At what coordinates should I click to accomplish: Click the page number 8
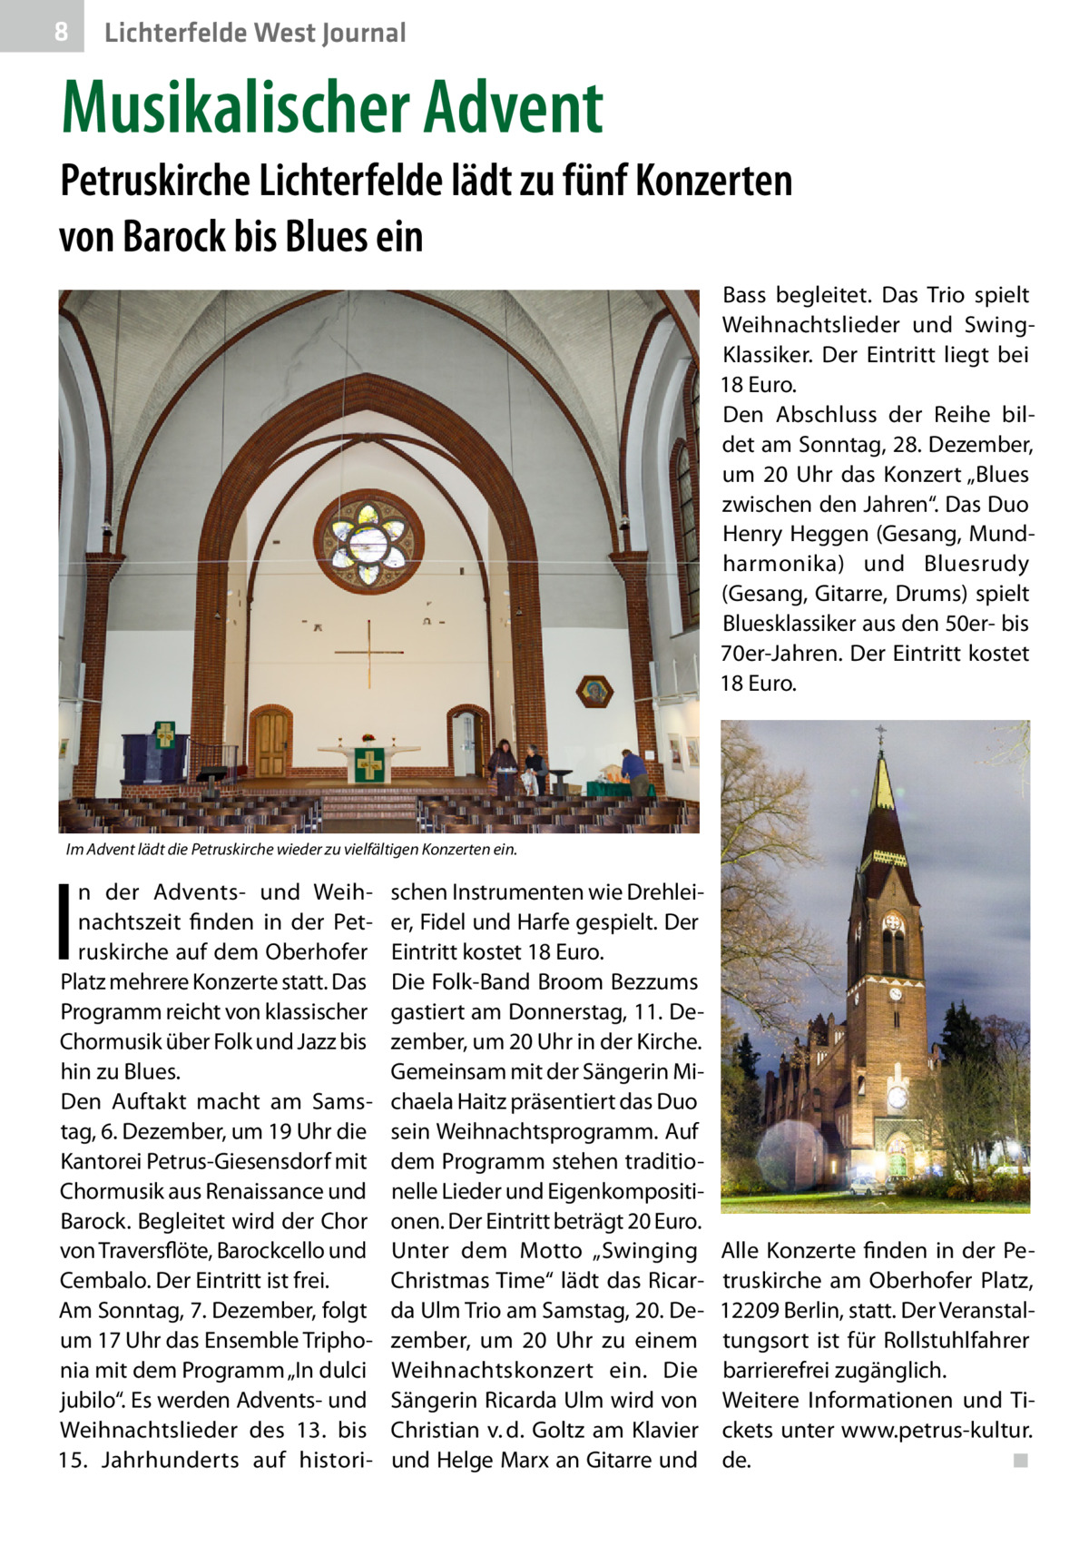point(60,33)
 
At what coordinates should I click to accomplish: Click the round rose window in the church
point(368,541)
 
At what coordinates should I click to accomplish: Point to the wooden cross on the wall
point(369,652)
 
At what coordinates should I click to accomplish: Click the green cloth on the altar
point(369,765)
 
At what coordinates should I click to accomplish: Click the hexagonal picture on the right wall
point(594,693)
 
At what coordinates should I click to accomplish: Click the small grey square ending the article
point(1020,1461)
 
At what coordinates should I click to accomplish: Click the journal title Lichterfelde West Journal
point(255,34)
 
